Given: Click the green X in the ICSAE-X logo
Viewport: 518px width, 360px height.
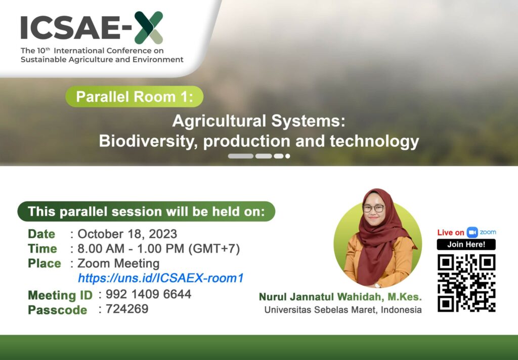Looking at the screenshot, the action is [x=149, y=28].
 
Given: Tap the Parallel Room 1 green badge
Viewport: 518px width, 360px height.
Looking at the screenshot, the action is [x=135, y=97].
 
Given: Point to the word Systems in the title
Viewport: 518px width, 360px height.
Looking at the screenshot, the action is [x=308, y=121].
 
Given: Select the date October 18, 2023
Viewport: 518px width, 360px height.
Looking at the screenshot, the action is [x=127, y=234].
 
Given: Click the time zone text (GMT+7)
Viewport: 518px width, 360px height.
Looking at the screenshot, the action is [x=214, y=249].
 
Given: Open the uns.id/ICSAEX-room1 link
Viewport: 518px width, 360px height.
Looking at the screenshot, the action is [x=161, y=278].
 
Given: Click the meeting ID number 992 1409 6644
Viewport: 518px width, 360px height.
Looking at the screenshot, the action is [x=148, y=294].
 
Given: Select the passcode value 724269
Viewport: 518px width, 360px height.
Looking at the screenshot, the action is [x=127, y=309].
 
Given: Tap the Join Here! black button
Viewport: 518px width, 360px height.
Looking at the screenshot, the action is [x=466, y=245].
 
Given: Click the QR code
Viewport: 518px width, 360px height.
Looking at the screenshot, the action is [x=466, y=283].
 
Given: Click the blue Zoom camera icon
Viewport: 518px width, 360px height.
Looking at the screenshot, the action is [x=472, y=232].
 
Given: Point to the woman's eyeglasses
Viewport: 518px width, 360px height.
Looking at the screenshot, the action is [x=374, y=209].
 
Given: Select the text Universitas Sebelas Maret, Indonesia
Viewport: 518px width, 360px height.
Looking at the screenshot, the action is [x=343, y=310].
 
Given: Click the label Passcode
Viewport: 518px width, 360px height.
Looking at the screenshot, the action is [x=58, y=310].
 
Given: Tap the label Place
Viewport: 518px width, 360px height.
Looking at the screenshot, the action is [x=45, y=263].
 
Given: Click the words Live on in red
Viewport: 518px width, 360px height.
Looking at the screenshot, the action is [x=451, y=232].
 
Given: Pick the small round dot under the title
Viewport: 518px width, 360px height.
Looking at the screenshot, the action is [x=288, y=156].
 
